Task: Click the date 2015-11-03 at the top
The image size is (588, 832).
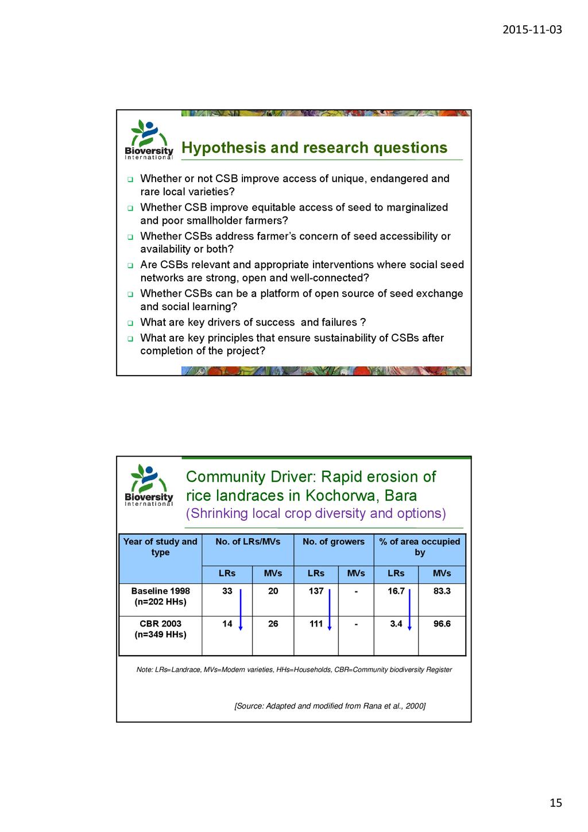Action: click(532, 30)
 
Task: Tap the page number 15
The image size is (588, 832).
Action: click(555, 803)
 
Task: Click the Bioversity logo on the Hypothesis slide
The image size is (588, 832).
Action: click(149, 140)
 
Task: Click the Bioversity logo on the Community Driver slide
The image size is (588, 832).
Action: click(149, 486)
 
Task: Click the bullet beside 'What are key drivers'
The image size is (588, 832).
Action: click(130, 323)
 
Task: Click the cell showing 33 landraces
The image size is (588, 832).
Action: click(227, 591)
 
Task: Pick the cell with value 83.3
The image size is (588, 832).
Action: click(442, 591)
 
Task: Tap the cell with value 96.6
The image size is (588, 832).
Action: click(442, 624)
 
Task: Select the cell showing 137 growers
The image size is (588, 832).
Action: click(316, 591)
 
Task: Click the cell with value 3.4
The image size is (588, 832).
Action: click(396, 624)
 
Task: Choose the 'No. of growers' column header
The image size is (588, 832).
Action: click(333, 541)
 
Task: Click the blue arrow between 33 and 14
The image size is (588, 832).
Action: click(241, 609)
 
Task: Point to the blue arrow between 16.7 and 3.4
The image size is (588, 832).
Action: click(409, 609)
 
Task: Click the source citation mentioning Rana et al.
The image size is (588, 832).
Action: click(330, 706)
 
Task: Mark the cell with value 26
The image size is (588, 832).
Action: click(273, 624)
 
